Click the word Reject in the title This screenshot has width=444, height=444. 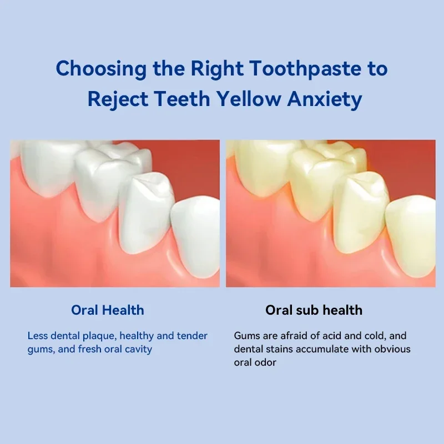point(118,100)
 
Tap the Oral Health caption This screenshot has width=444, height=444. point(107,310)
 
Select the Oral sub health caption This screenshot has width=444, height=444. point(314,310)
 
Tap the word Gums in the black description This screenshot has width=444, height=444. point(246,336)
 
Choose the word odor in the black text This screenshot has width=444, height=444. point(266,363)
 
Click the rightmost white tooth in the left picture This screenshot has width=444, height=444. point(195,228)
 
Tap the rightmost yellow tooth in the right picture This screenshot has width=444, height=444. point(412,228)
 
